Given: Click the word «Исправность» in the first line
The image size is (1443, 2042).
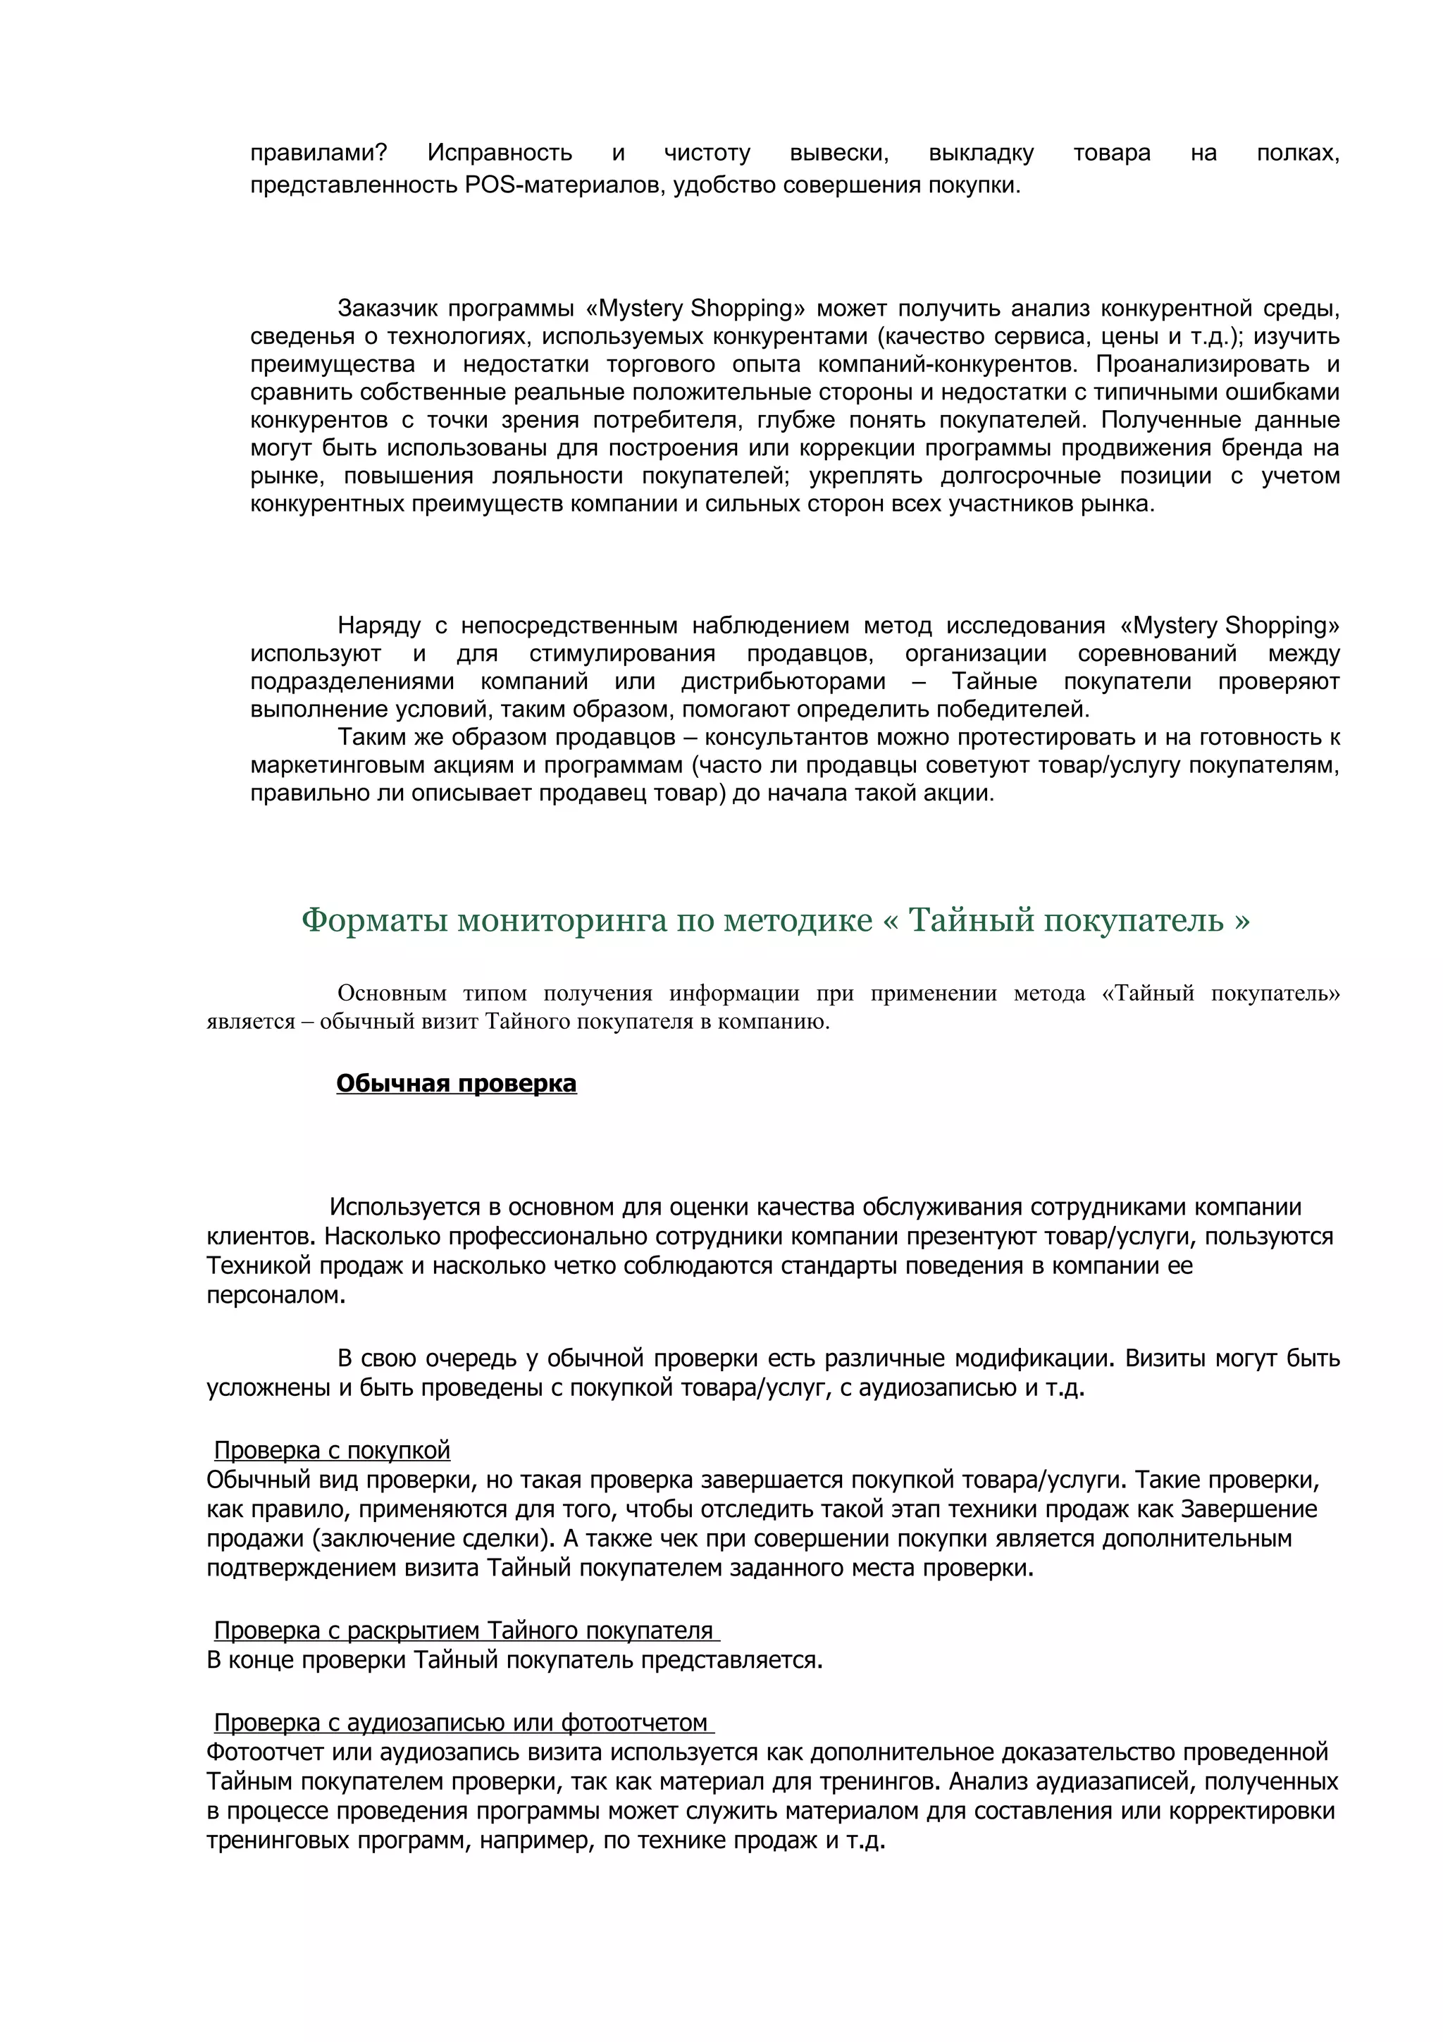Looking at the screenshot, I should (499, 153).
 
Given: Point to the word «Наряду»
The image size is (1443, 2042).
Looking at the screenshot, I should (379, 626).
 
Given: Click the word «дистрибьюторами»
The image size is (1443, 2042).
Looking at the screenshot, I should (784, 682).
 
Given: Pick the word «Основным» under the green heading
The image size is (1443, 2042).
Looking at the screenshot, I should (391, 994).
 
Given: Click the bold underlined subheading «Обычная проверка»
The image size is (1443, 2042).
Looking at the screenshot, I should (456, 1083).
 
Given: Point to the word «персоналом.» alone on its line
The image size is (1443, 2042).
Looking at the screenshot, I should (275, 1295).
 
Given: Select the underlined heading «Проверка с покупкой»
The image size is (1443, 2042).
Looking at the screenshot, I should (332, 1451).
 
